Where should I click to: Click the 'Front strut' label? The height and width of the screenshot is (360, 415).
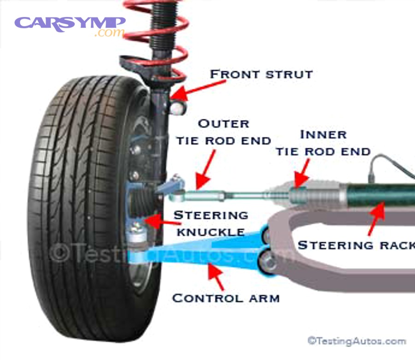261,74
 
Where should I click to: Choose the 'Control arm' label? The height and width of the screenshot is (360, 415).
225,298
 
